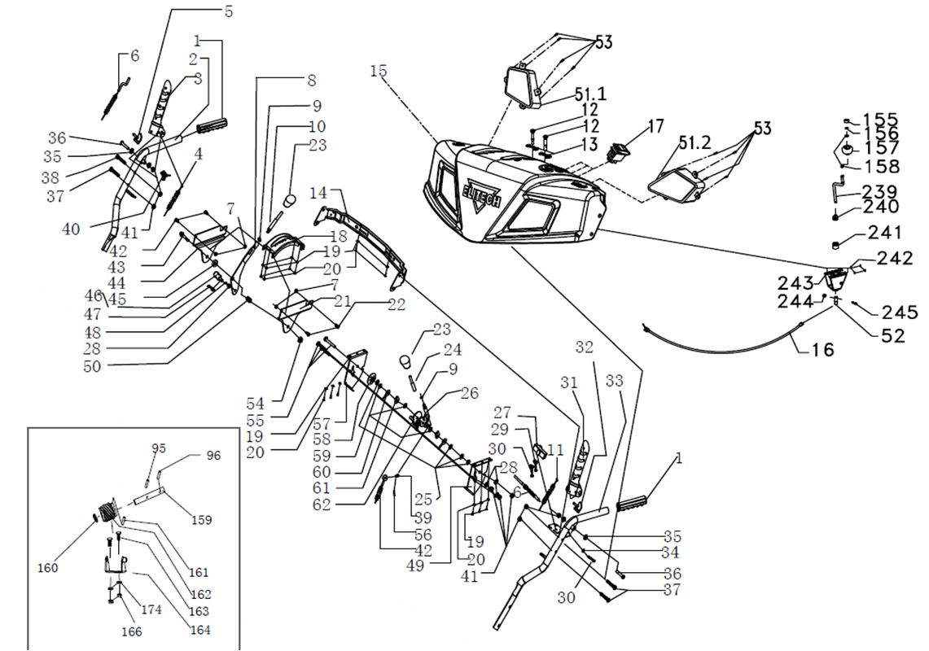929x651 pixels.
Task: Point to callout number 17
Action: [x=656, y=126]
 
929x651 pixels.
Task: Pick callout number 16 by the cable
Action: [x=823, y=350]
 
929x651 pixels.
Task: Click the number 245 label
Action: [x=900, y=312]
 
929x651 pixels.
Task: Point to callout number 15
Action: [x=378, y=71]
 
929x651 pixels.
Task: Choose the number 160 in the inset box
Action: [x=48, y=569]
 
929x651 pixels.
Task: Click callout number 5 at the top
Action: [x=227, y=11]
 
